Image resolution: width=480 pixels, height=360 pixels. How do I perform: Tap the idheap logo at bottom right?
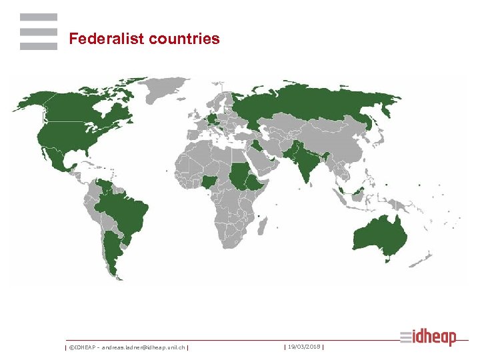[x=429, y=337]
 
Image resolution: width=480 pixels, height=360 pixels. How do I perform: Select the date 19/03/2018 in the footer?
[x=303, y=347]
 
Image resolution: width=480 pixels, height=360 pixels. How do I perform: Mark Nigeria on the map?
[x=209, y=181]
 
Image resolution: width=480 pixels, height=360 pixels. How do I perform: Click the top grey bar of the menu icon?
[x=38, y=18]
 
